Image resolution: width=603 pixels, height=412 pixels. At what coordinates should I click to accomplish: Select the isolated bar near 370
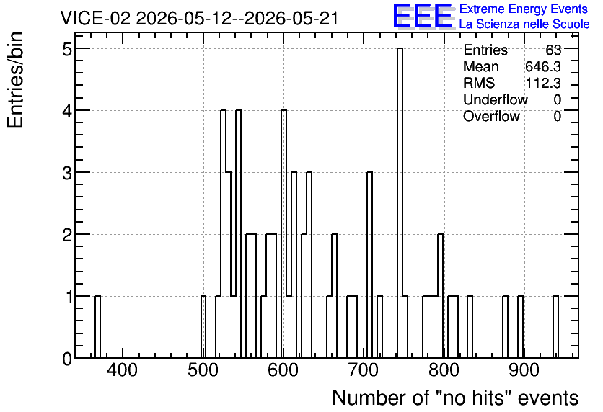click(x=97, y=327)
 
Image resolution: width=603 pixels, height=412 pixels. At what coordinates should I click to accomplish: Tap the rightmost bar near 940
click(x=555, y=327)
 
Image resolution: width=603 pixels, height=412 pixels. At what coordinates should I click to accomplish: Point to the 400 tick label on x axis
click(x=122, y=370)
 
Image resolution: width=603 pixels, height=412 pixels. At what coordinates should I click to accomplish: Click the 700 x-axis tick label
click(x=363, y=370)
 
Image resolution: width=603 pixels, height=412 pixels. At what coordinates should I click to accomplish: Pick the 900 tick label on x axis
click(x=524, y=370)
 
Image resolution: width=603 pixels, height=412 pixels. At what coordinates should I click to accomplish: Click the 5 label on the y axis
click(x=67, y=48)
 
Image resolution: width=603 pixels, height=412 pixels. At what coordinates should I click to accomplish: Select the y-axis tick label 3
click(x=67, y=172)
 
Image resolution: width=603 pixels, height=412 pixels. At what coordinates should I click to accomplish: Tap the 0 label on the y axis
click(x=67, y=359)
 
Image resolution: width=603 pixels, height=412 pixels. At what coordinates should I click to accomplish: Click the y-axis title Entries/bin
click(x=15, y=81)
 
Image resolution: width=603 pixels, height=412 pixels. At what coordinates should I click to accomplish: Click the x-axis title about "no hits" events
click(x=455, y=398)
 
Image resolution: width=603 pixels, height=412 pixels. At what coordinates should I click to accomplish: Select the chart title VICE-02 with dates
click(x=199, y=18)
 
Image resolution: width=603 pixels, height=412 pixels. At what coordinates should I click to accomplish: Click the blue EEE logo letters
click(x=423, y=16)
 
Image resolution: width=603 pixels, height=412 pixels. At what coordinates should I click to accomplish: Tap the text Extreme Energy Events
click(x=524, y=9)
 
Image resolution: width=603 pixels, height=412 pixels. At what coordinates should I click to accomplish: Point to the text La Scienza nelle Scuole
click(x=524, y=24)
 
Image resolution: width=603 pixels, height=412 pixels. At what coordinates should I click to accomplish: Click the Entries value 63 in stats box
click(x=553, y=50)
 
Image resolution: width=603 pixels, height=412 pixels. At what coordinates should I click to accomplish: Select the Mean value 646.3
click(x=543, y=66)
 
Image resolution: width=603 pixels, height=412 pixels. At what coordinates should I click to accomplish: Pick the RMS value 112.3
click(x=543, y=83)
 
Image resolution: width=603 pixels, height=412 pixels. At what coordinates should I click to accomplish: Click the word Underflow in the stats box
click(x=496, y=99)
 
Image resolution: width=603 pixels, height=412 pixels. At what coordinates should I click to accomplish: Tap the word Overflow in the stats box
click(x=491, y=116)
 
